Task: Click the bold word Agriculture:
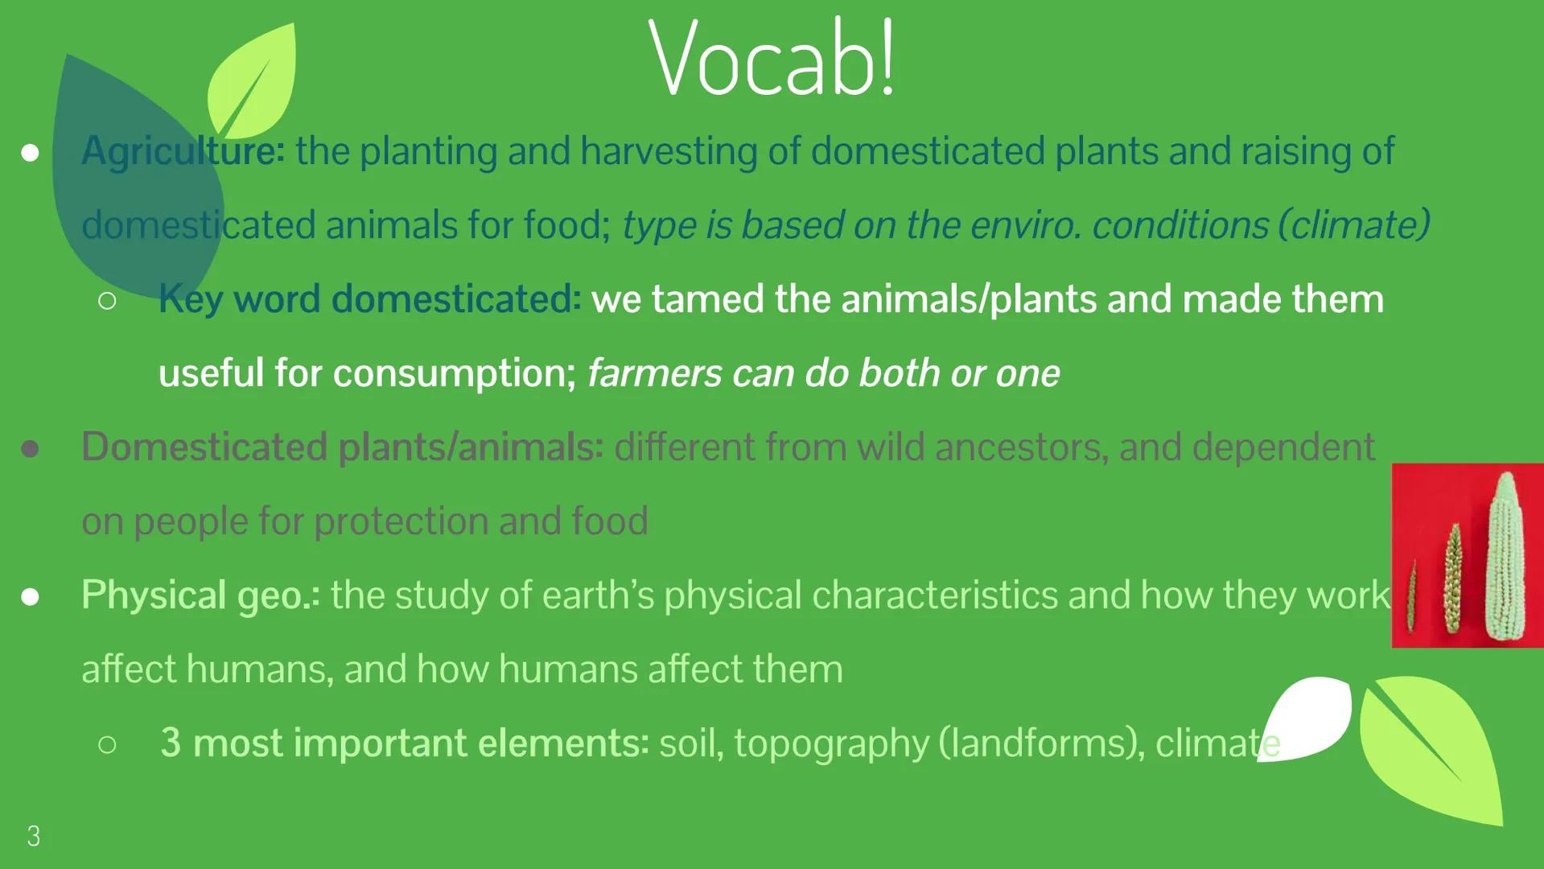tap(183, 151)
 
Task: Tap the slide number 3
tap(33, 836)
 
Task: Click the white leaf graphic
tap(1307, 716)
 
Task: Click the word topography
tap(831, 743)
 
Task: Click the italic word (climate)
tap(1354, 225)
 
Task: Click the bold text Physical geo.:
tap(200, 595)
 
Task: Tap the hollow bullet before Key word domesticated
tap(107, 301)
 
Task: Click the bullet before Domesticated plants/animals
tap(30, 449)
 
